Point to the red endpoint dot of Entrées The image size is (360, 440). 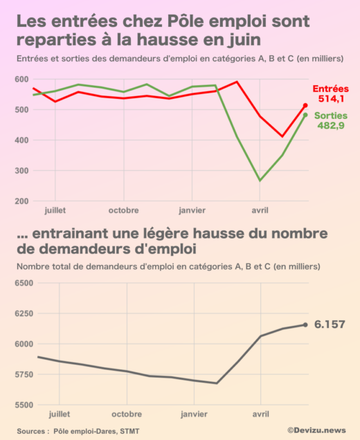point(306,106)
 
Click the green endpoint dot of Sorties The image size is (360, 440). point(306,115)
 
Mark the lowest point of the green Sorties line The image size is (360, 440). point(260,181)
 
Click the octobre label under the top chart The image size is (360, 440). point(125,210)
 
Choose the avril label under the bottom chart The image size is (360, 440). point(260,414)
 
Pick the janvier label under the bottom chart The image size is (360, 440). point(192,414)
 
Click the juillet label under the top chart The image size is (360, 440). point(57,210)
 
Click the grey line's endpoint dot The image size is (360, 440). point(306,324)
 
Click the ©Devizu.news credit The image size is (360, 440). point(316,430)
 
